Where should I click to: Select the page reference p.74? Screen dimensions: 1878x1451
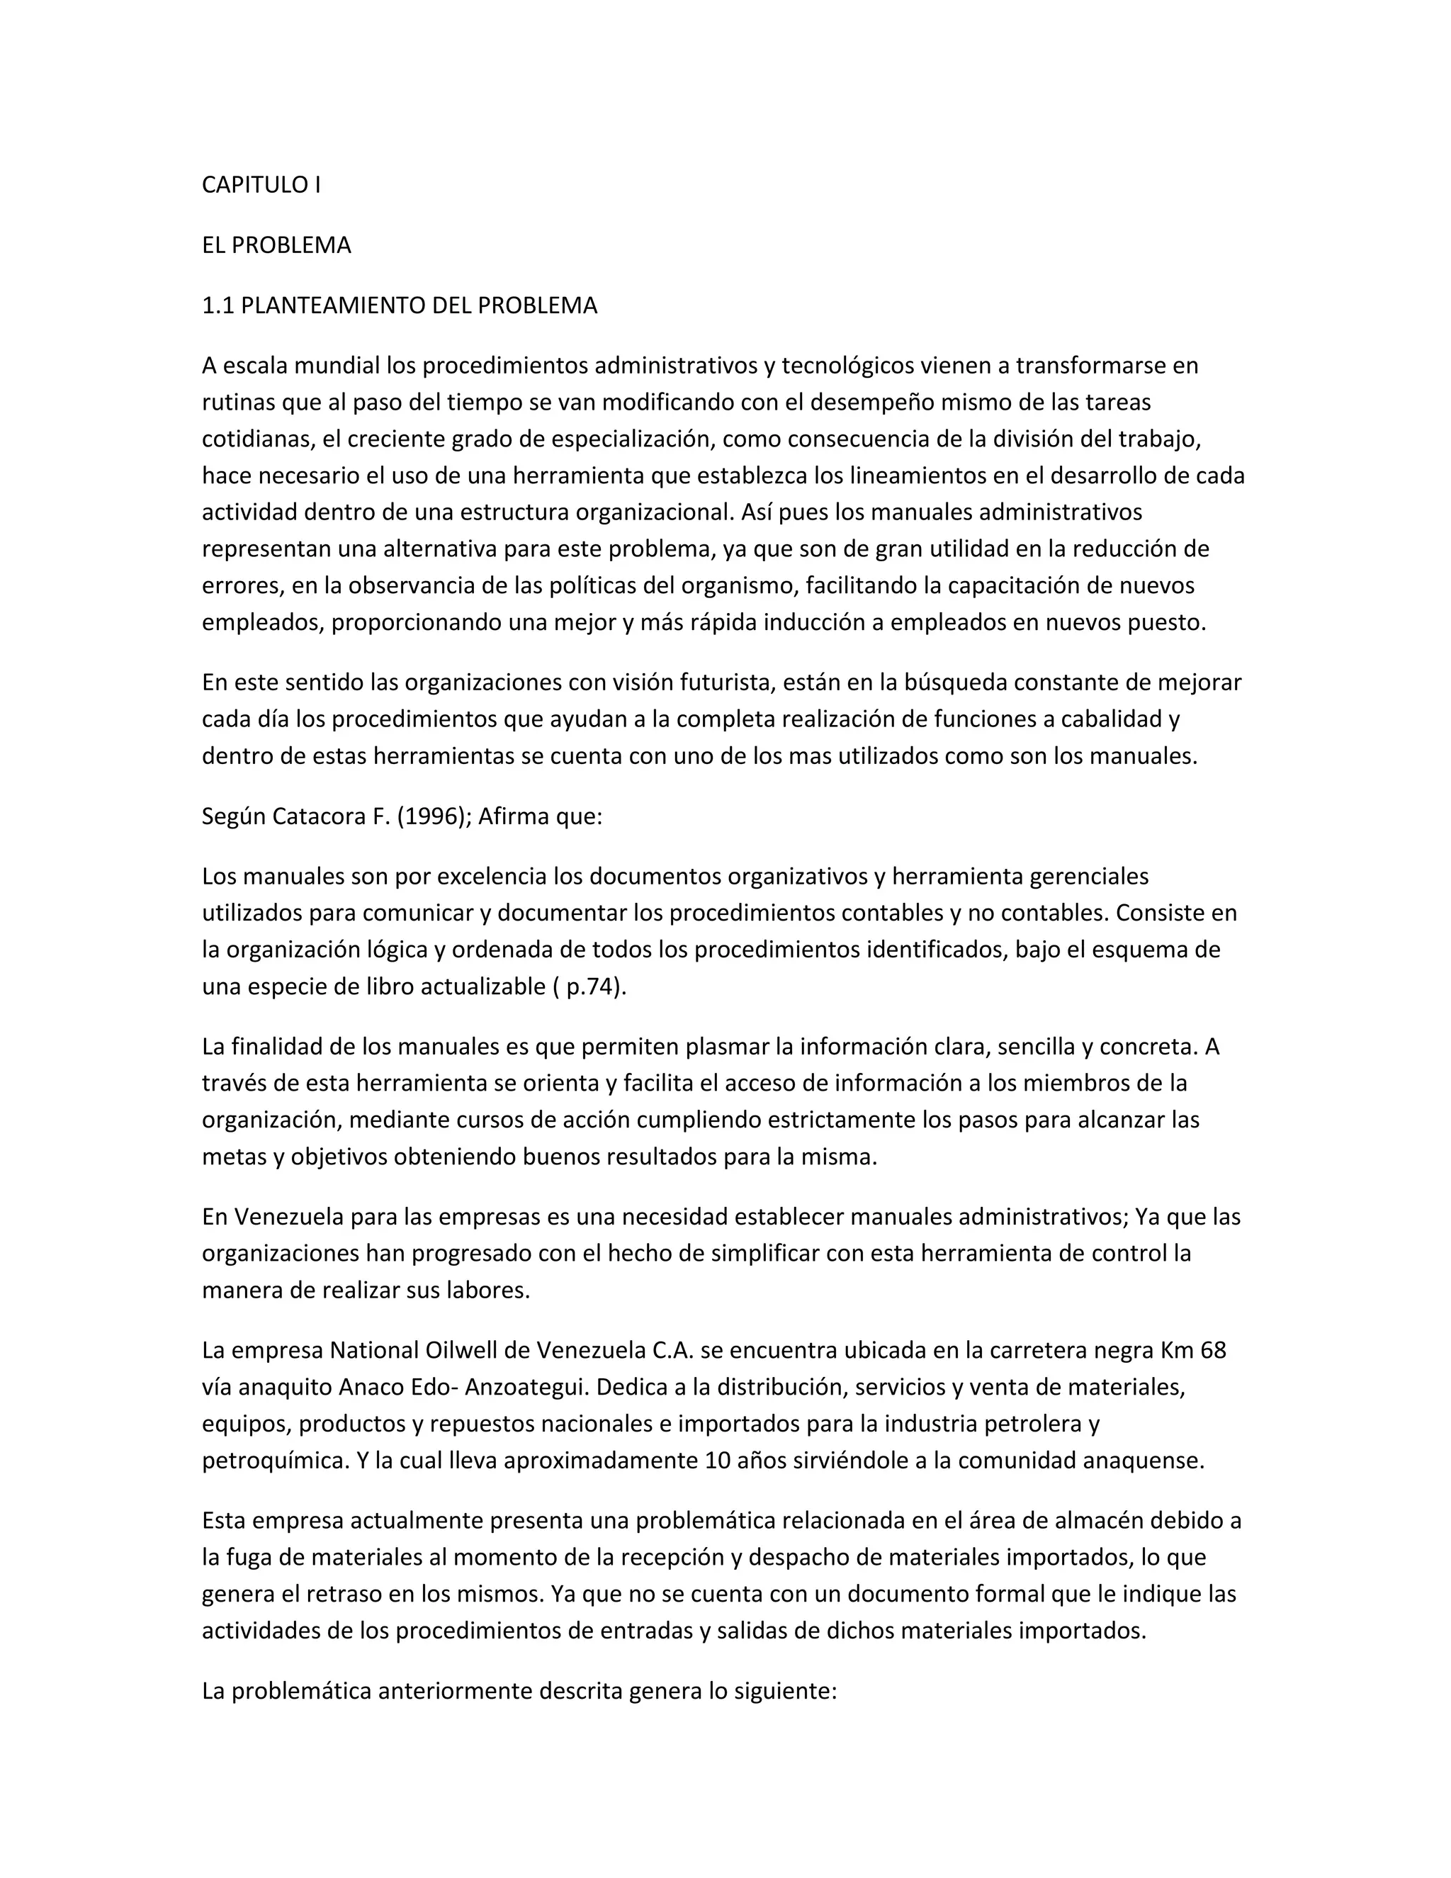pyautogui.click(x=592, y=986)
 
